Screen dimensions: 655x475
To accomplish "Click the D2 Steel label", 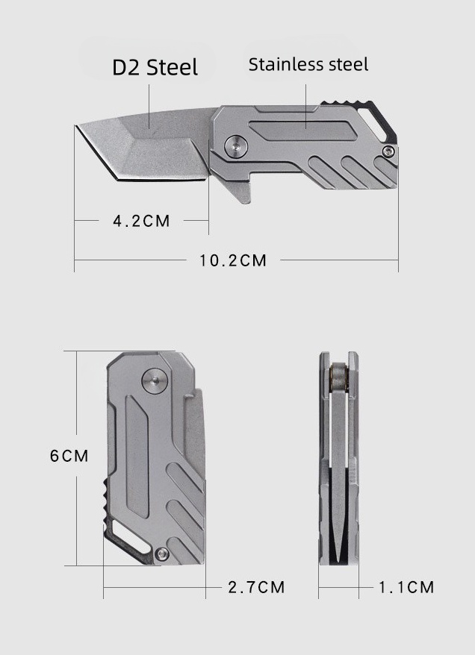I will tap(155, 67).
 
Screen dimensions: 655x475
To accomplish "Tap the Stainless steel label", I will tap(308, 64).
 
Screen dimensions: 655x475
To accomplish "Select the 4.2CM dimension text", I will tap(141, 221).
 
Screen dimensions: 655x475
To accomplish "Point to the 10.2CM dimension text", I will tap(232, 260).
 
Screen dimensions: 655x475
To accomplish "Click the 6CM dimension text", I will tap(69, 455).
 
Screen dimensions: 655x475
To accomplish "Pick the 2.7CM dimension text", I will tap(256, 587).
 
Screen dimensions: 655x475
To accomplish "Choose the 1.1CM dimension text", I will tap(406, 587).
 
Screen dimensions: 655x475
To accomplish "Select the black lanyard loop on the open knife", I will tap(380, 119).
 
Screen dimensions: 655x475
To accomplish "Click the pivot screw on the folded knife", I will tap(153, 381).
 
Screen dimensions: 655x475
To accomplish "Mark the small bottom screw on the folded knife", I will tap(161, 553).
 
